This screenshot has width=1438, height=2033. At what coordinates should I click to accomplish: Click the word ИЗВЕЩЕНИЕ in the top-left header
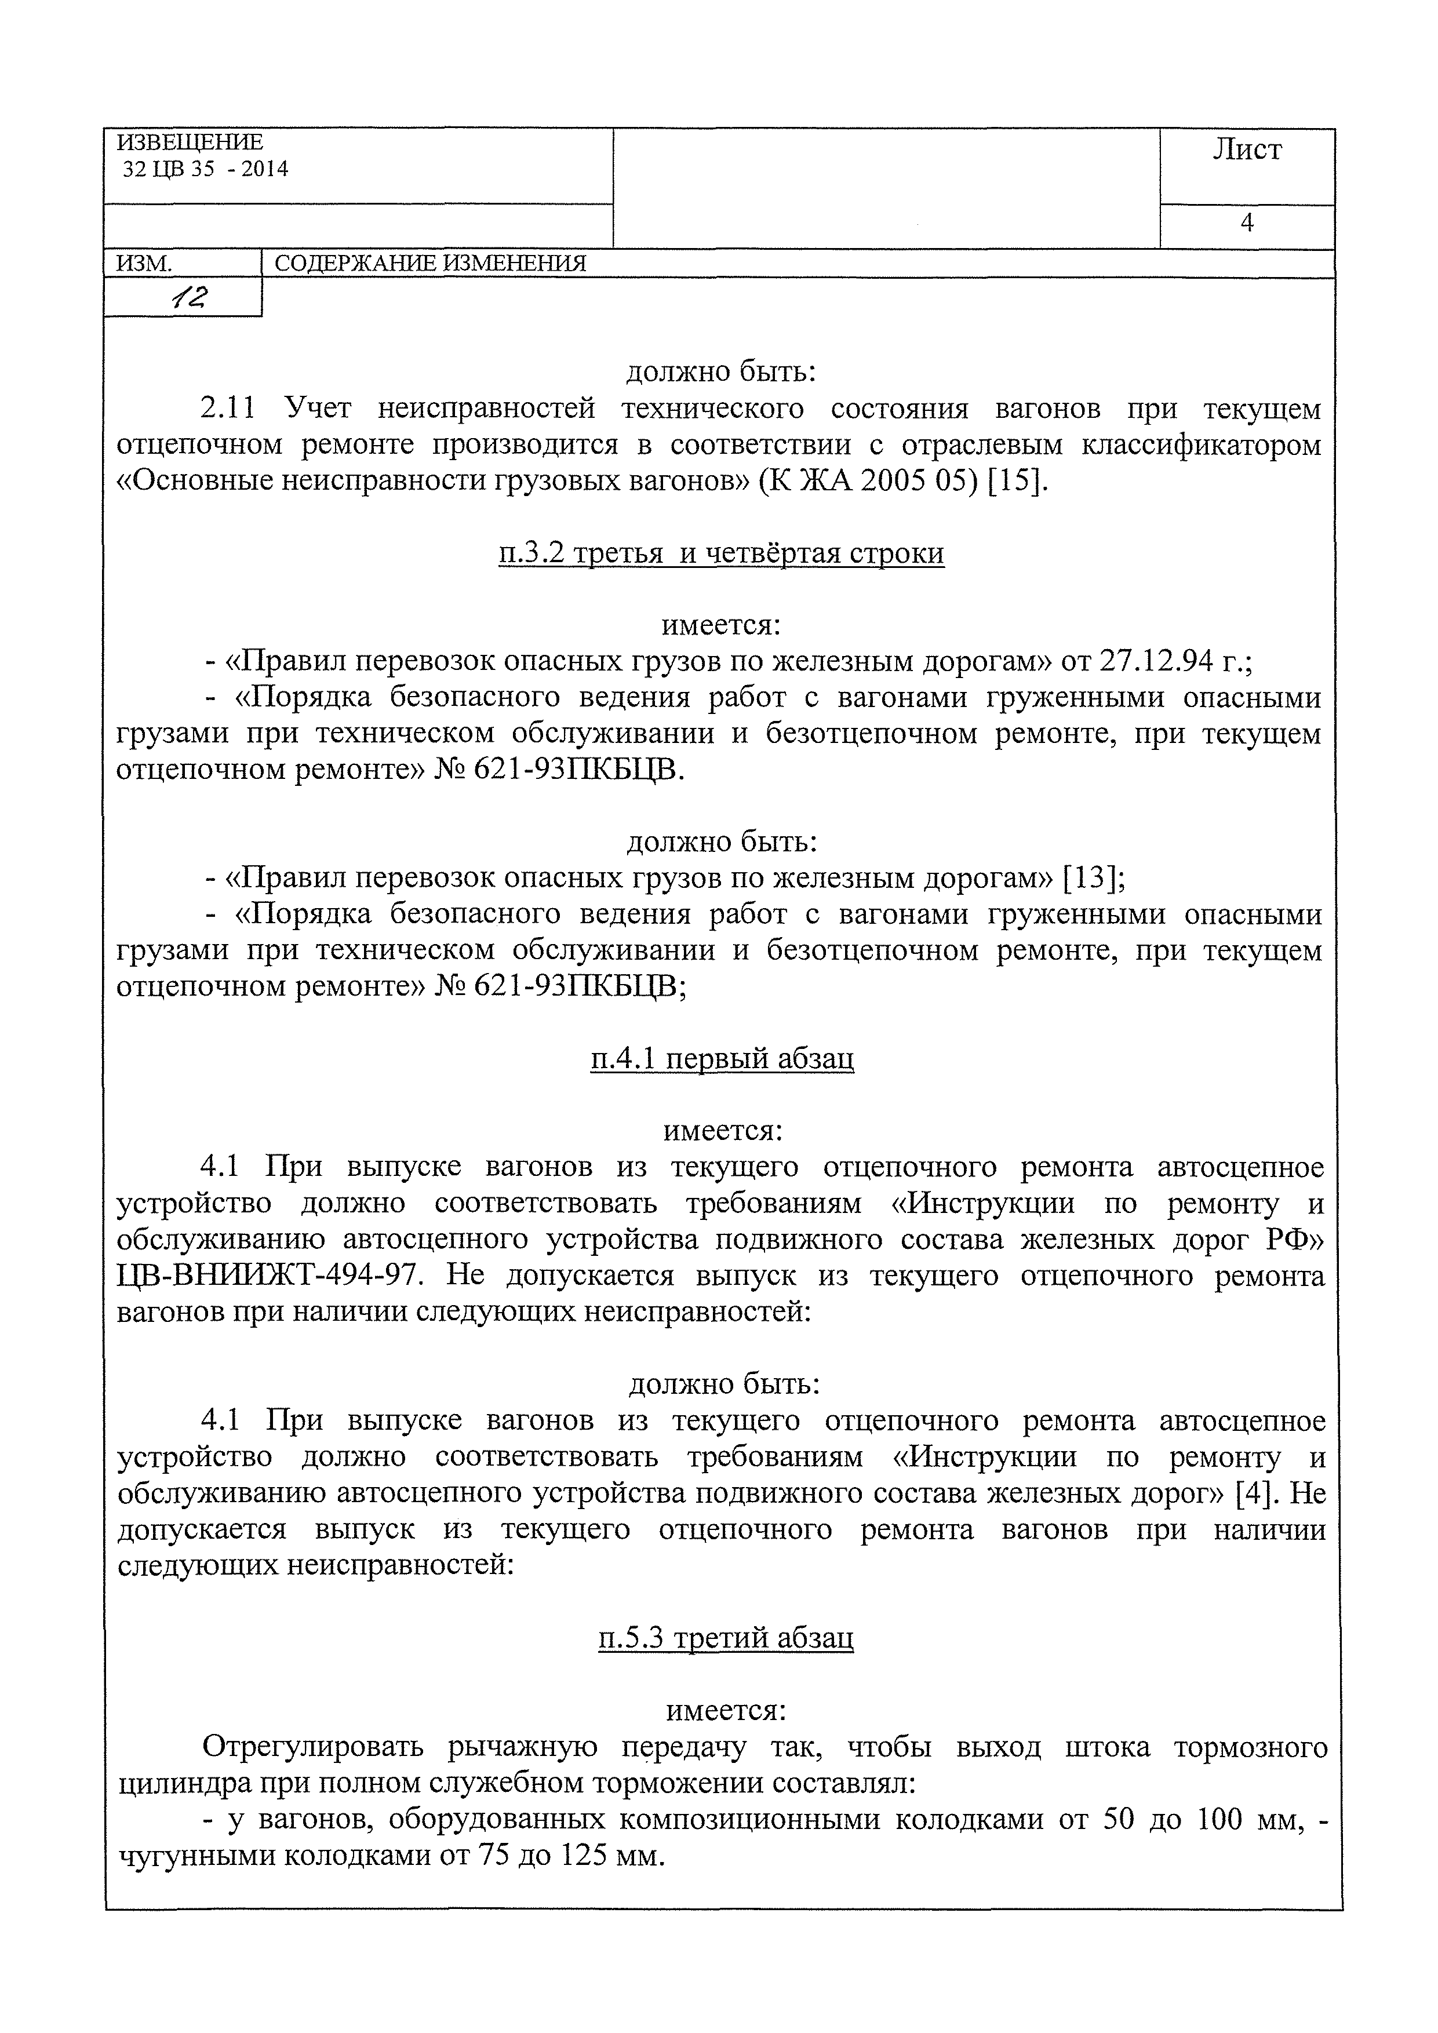pyautogui.click(x=190, y=143)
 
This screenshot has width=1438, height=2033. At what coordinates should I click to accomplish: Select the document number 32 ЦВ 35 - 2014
pyautogui.click(x=205, y=169)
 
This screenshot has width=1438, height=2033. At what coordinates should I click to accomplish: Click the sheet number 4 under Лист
pyautogui.click(x=1247, y=223)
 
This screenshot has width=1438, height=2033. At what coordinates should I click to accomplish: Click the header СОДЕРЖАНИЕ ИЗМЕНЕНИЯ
pyautogui.click(x=430, y=264)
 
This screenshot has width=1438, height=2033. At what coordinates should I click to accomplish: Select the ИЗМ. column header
pyautogui.click(x=143, y=264)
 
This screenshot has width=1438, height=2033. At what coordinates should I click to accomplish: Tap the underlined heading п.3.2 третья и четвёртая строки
pyautogui.click(x=721, y=553)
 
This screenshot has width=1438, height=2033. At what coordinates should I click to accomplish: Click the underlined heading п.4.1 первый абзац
pyautogui.click(x=722, y=1059)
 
